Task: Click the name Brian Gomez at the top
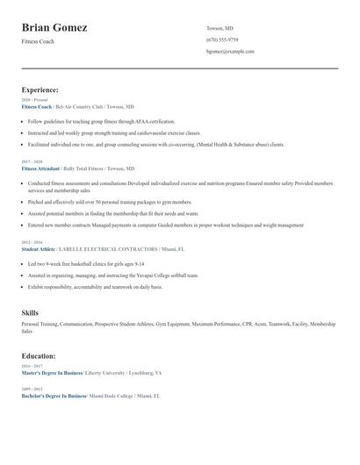coord(54,28)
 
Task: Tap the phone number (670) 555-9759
coord(222,39)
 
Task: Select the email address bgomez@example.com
coord(230,51)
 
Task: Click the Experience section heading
coord(40,89)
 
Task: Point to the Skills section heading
coord(30,312)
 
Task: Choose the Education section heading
coord(39,356)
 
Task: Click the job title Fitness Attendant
coord(40,168)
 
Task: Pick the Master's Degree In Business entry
coord(52,373)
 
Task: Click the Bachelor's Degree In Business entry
coord(53,397)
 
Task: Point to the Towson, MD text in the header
coord(220,28)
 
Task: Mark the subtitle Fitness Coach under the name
coord(38,41)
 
